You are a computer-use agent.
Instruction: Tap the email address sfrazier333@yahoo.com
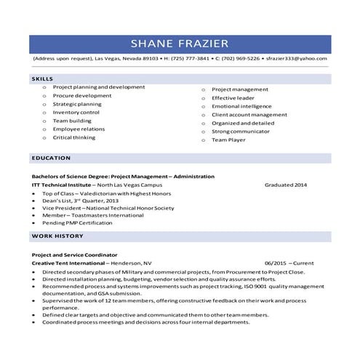pyautogui.click(x=296, y=57)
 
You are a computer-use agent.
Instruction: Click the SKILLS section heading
pyautogui.click(x=42, y=78)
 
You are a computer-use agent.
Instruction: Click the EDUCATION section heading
pyautogui.click(x=51, y=158)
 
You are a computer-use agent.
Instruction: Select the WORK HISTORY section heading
pyautogui.click(x=56, y=236)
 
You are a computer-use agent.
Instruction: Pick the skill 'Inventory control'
pyautogui.click(x=76, y=113)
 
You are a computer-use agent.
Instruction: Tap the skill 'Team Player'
pyautogui.click(x=228, y=139)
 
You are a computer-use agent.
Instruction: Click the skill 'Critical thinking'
pyautogui.click(x=73, y=137)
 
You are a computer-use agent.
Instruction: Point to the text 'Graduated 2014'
pyautogui.click(x=286, y=185)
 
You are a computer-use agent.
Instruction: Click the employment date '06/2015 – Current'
pyautogui.click(x=289, y=263)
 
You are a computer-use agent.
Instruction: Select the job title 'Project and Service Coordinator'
pyautogui.click(x=74, y=255)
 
